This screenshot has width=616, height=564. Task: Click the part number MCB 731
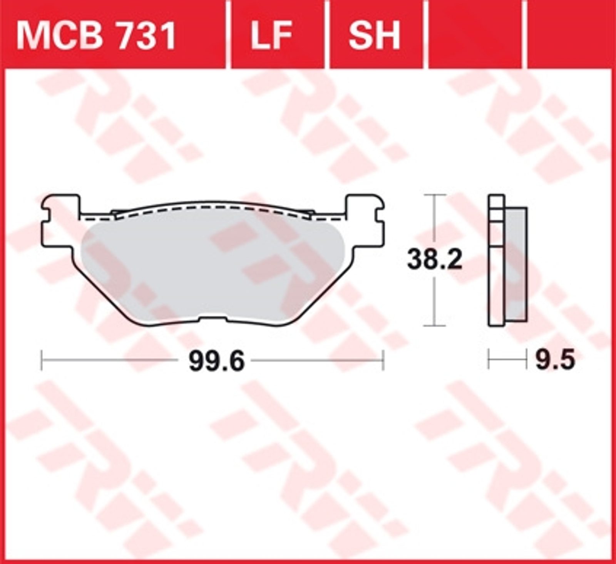96,36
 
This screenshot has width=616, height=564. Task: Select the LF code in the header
272,36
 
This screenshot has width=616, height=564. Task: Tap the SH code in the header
374,36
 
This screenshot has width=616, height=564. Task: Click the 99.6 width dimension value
217,361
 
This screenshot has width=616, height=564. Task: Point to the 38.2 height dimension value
435,260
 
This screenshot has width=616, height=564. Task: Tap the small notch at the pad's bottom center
213,319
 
